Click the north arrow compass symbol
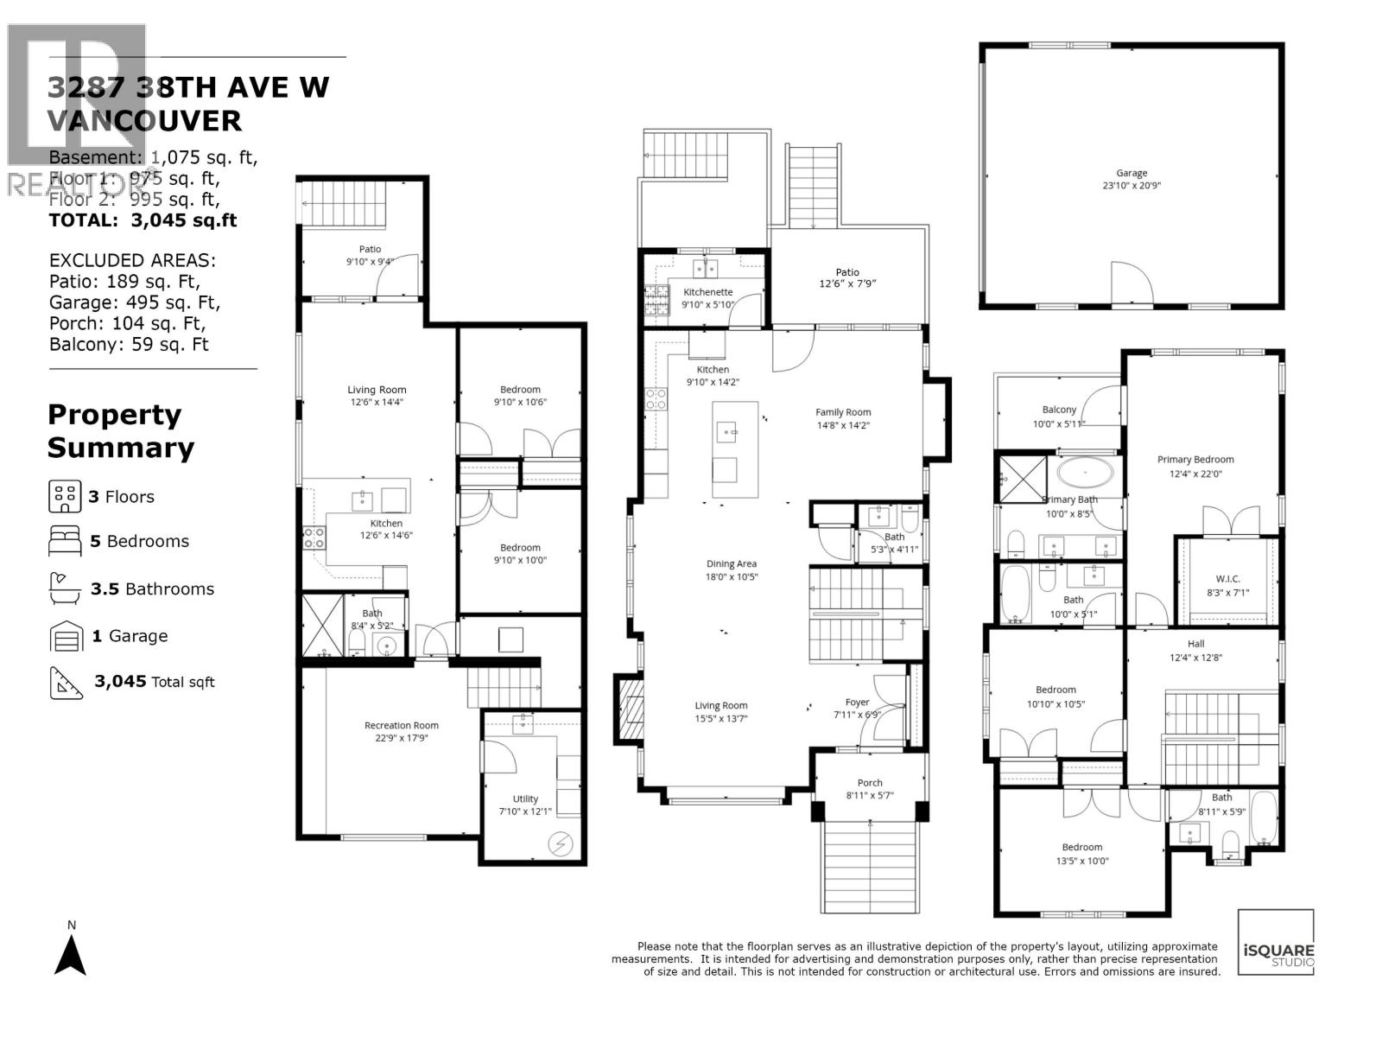click(71, 956)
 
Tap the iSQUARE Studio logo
click(1277, 943)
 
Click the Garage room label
click(1131, 173)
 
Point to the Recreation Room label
click(402, 725)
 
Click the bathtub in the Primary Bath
click(1086, 472)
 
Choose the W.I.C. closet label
click(1227, 579)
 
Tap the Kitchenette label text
click(707, 292)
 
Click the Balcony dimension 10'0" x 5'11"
click(1059, 423)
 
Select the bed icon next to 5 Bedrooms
click(65, 541)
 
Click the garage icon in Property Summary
click(65, 636)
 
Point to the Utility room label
click(525, 798)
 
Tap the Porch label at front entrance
click(870, 783)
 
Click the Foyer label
click(857, 702)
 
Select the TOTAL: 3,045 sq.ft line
click(143, 220)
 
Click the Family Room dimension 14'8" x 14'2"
click(843, 425)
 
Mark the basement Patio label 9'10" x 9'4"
click(370, 261)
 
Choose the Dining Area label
click(732, 563)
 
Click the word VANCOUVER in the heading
click(144, 121)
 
